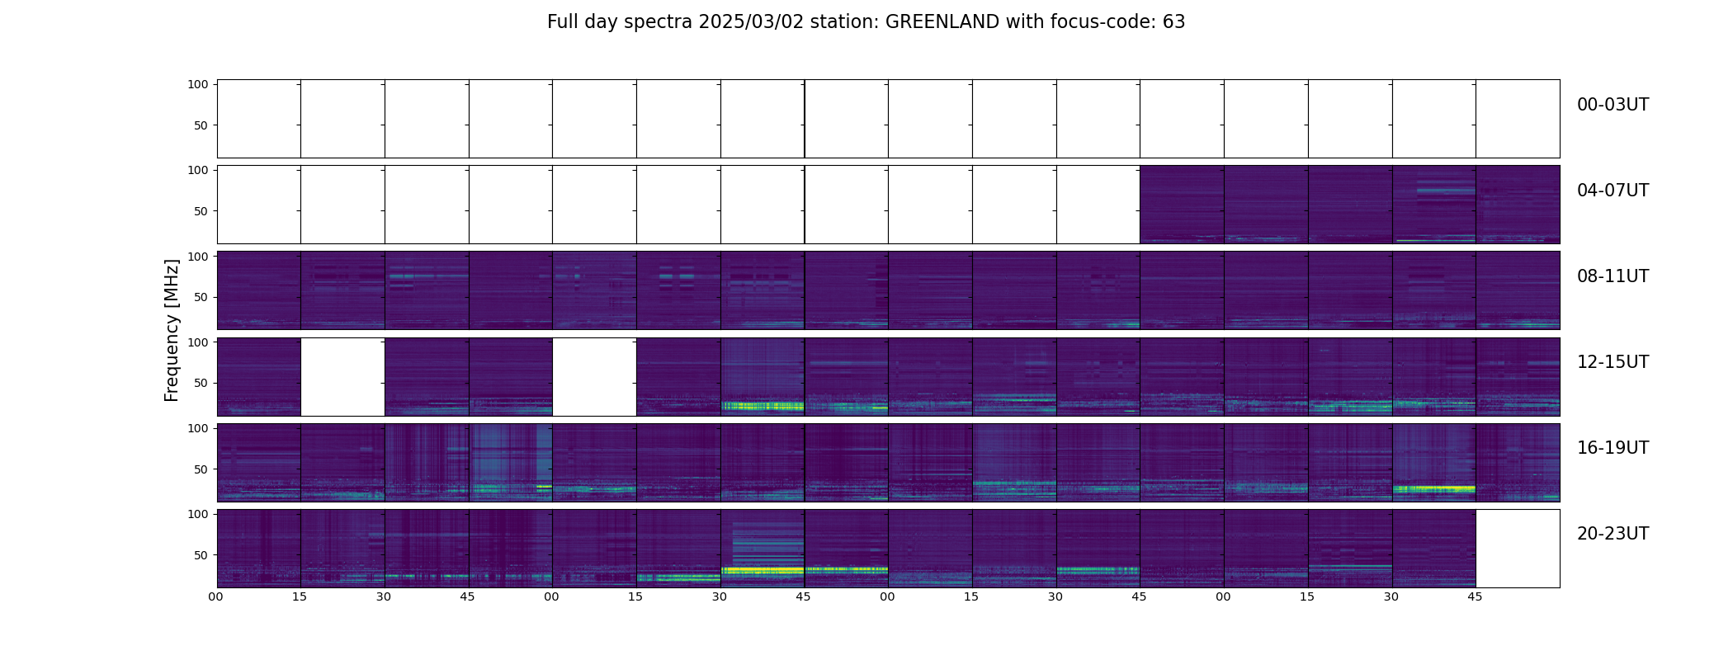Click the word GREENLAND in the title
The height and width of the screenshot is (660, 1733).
coord(942,22)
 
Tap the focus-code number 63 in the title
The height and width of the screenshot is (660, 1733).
coord(1173,22)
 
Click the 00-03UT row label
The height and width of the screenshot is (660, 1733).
coord(1613,106)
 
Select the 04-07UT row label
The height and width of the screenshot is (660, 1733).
coord(1613,191)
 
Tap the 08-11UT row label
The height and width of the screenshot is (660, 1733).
coord(1613,277)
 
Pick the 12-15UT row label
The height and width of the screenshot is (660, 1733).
coord(1613,363)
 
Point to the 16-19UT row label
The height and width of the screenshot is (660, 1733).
coord(1613,449)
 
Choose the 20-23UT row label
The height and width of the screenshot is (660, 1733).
coord(1613,535)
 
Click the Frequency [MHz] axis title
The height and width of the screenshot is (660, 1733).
coord(172,330)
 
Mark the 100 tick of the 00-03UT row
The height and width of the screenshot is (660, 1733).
coord(198,84)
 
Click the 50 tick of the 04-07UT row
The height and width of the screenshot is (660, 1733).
coord(201,211)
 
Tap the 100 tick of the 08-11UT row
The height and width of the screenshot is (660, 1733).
coord(198,257)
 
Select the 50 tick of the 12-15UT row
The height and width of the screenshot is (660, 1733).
coord(201,383)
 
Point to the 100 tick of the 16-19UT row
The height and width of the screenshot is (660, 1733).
coord(198,428)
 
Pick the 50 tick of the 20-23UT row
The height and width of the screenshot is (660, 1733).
coord(201,555)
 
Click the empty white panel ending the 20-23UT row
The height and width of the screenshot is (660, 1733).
coord(1518,549)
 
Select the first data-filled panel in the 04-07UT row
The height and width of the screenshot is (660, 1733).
coord(1182,205)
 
